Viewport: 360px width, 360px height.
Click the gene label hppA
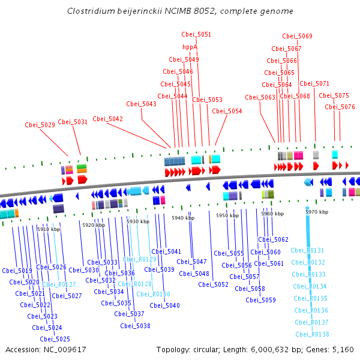pos(190,47)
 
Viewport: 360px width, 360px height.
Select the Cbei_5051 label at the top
pos(196,35)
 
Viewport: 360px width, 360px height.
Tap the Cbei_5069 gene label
pos(297,36)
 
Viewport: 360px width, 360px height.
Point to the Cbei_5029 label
pos(40,125)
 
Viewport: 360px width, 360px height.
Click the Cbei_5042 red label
pos(107,119)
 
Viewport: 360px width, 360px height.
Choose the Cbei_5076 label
pos(340,107)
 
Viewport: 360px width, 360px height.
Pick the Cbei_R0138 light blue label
pos(312,334)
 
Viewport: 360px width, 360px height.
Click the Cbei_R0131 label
pos(307,250)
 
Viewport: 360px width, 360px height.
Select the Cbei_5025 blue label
pos(55,339)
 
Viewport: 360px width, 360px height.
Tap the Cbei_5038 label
pos(135,326)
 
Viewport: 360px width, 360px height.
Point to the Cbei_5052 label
pos(214,284)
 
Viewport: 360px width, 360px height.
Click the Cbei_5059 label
pos(260,300)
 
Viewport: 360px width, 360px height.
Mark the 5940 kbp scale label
pos(182,218)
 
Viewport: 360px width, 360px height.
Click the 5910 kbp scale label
pos(48,229)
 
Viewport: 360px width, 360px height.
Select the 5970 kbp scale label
pos(317,212)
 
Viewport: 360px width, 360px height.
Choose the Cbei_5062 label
pos(273,239)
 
